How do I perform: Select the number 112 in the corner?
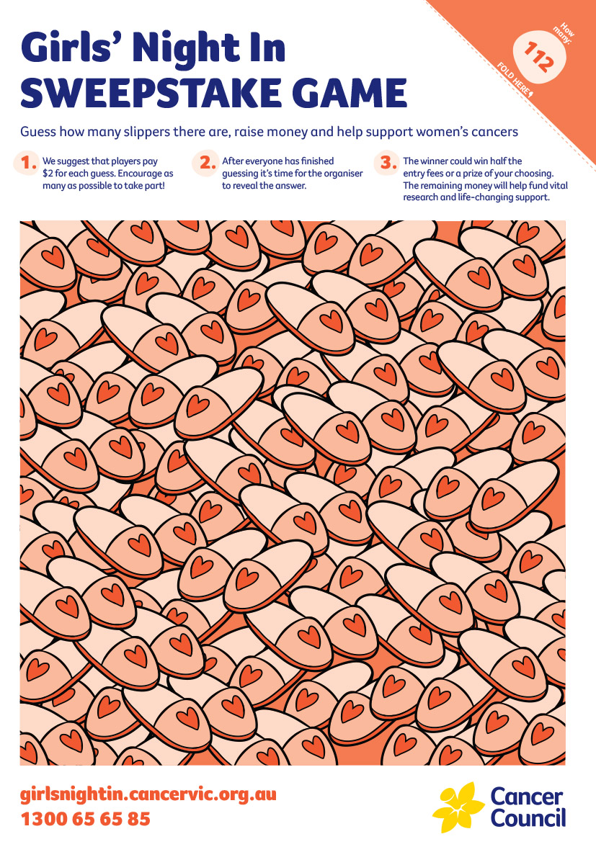(538, 56)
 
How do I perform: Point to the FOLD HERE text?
(515, 80)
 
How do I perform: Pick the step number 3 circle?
(388, 163)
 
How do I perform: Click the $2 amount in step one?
(48, 174)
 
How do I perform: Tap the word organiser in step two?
(344, 174)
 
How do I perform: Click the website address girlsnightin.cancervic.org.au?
(148, 795)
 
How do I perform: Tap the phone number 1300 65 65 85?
(85, 819)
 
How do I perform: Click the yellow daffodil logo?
(458, 807)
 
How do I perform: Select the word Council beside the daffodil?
(528, 817)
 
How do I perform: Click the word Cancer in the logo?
(526, 797)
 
